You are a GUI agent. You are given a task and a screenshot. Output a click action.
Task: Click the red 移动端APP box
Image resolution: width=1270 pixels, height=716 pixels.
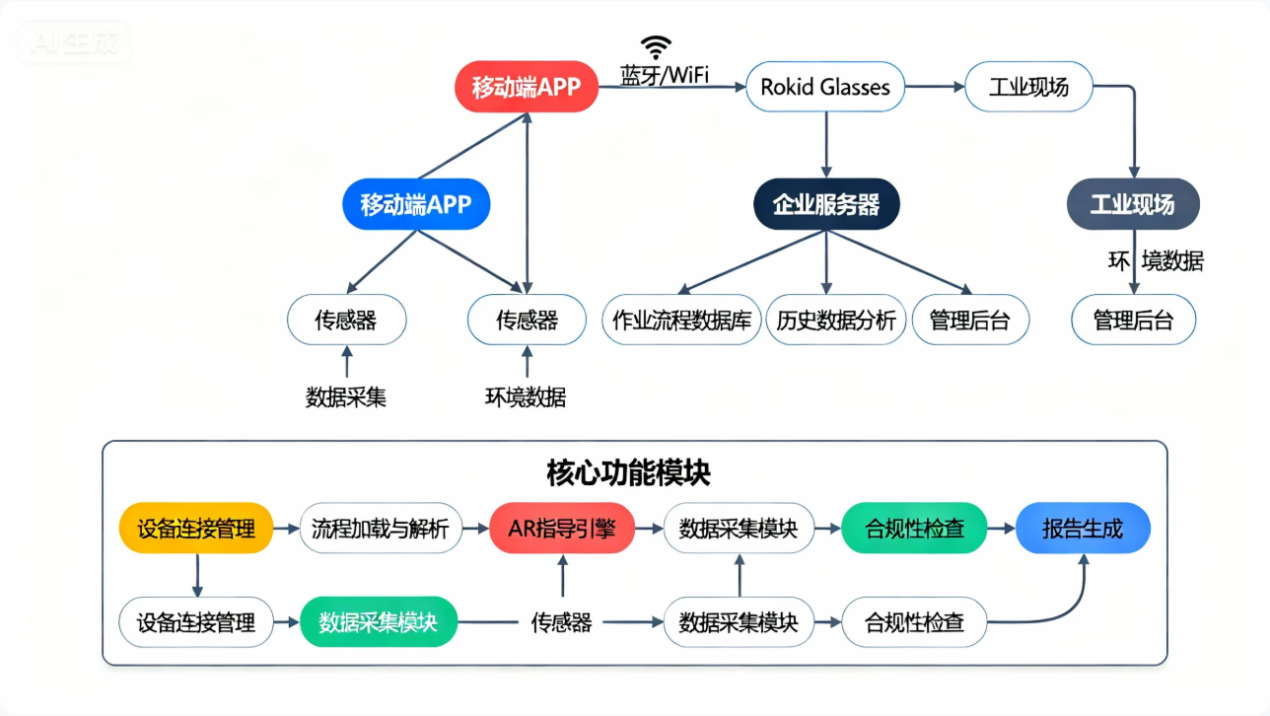tap(526, 87)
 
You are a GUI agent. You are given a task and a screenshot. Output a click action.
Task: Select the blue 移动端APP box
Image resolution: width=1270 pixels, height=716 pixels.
tap(416, 205)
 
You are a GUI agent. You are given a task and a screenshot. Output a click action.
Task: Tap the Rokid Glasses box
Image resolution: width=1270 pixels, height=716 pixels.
tap(825, 87)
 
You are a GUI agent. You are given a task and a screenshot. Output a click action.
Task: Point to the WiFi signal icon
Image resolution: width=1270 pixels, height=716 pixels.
tap(656, 46)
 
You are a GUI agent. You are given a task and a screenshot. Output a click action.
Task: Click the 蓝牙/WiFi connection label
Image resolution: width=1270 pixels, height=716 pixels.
tap(665, 75)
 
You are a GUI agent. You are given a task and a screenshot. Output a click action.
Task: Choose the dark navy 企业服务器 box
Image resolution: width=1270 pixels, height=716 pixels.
tap(826, 205)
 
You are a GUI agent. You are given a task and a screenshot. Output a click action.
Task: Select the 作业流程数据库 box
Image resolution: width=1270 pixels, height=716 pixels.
tap(681, 320)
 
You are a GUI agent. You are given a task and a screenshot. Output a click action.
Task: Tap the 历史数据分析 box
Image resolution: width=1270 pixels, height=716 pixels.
tap(835, 320)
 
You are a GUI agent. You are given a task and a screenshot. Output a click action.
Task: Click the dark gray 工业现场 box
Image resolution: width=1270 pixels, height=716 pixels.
tap(1133, 205)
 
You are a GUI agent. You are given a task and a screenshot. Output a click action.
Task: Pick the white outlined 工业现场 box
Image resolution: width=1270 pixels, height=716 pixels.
tap(1029, 87)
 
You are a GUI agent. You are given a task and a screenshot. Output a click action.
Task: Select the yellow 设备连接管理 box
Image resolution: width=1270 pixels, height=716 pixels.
tap(195, 529)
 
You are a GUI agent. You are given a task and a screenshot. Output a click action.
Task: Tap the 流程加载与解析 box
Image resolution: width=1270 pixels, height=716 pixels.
tap(380, 529)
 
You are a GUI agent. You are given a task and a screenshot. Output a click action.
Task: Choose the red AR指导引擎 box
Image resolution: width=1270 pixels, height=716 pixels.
tap(562, 529)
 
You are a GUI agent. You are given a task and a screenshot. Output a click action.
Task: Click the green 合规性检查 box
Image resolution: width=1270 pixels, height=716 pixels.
tap(915, 529)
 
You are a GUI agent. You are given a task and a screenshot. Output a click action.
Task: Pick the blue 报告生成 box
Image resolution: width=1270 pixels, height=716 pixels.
tap(1083, 529)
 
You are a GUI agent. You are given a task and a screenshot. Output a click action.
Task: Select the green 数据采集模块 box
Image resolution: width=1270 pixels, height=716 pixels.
tap(379, 622)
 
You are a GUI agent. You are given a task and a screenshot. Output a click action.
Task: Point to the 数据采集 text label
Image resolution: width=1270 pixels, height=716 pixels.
tap(346, 397)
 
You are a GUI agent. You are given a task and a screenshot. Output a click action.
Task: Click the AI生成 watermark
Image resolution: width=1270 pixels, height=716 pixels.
tap(74, 41)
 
